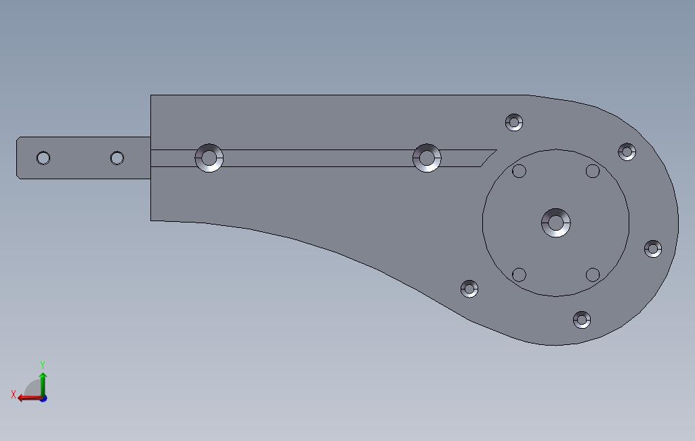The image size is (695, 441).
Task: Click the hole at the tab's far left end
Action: point(43,158)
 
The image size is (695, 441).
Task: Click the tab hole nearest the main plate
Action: point(117,158)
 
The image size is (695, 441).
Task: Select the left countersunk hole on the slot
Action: point(209,158)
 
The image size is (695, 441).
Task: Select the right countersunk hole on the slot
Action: point(427,158)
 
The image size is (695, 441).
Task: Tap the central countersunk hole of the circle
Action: point(556,223)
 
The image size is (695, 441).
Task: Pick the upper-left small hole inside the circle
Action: point(519,171)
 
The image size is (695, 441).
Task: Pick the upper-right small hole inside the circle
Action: point(593,171)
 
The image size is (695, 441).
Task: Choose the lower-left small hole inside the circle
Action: point(519,275)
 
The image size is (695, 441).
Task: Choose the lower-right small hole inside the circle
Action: point(593,275)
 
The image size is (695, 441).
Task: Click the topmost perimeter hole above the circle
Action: point(514,122)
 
